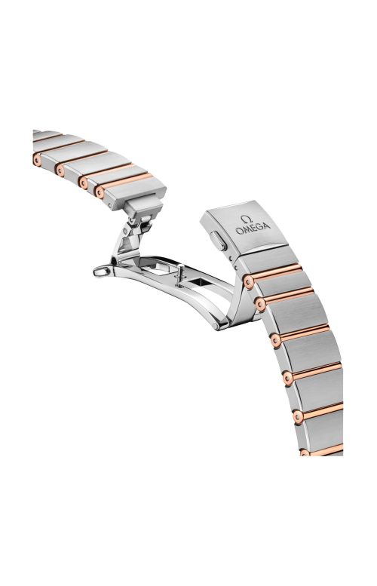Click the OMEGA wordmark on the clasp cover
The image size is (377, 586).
click(x=253, y=228)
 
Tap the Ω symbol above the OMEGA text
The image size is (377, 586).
click(x=246, y=219)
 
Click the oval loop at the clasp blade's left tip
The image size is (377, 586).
click(x=101, y=272)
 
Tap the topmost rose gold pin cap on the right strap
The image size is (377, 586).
click(x=249, y=281)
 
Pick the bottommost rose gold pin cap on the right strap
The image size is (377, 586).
click(x=305, y=453)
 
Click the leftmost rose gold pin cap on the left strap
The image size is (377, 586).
click(x=37, y=160)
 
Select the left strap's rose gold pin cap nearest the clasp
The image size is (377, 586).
click(x=100, y=192)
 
